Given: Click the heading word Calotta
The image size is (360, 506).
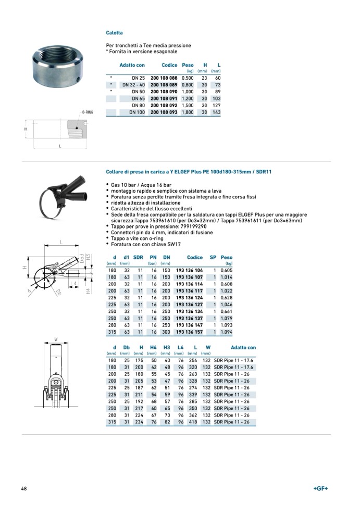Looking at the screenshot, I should click(x=114, y=33).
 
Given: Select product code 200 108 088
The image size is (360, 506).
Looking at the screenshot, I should click(x=164, y=78).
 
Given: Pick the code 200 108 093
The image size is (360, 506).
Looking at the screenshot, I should click(x=164, y=112).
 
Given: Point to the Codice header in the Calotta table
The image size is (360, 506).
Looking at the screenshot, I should click(x=169, y=65).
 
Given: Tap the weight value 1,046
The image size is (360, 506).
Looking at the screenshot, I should click(x=227, y=305).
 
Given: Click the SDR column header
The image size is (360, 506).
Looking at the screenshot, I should click(x=138, y=257).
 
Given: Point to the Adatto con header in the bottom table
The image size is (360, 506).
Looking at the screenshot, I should click(x=243, y=347).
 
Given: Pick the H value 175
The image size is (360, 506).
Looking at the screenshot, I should click(x=139, y=360).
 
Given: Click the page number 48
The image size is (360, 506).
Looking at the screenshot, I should click(x=24, y=488).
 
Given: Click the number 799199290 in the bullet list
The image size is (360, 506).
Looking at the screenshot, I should click(x=190, y=227).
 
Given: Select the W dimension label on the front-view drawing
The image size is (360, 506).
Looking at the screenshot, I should click(x=55, y=340).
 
